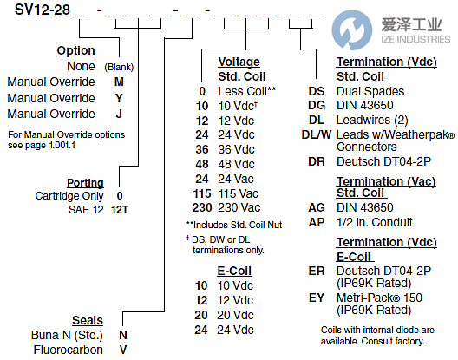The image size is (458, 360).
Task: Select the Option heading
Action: (x=75, y=51)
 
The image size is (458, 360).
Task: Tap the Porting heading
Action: (x=85, y=183)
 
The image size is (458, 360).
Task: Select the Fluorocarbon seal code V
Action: (x=122, y=350)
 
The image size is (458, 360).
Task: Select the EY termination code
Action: (x=316, y=298)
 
